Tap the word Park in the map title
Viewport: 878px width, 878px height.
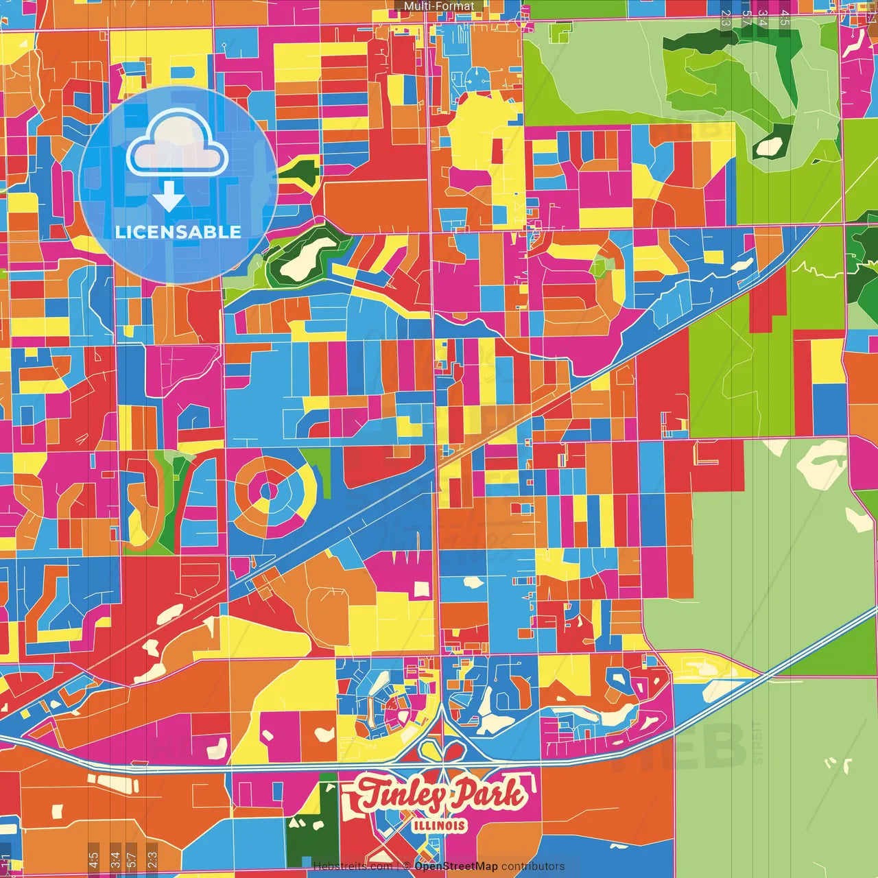pos(489,794)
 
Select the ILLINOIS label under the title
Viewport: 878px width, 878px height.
pos(440,825)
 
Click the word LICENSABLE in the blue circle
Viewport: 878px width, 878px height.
pos(178,232)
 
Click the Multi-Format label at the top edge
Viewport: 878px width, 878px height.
pos(439,6)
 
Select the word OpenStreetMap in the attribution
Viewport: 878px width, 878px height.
pos(456,866)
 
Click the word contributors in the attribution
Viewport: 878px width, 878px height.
pos(533,866)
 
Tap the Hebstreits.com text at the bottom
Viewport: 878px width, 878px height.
pos(353,866)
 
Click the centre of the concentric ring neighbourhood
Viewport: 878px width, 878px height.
pos(268,491)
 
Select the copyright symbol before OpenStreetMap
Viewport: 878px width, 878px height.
pos(407,866)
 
